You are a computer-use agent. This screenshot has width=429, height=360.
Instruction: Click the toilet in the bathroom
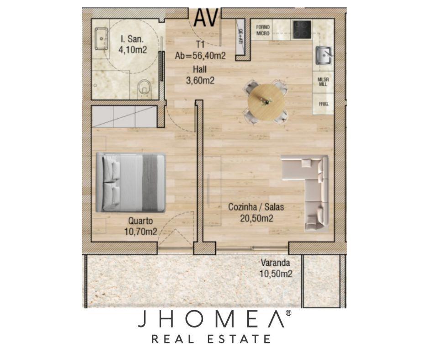pyautogui.click(x=145, y=88)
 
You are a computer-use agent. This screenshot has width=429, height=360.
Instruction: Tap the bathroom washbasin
pyautogui.click(x=101, y=39)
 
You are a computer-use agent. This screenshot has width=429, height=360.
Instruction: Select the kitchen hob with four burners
pyautogui.click(x=302, y=29)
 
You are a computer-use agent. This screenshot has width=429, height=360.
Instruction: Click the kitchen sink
pyautogui.click(x=324, y=55)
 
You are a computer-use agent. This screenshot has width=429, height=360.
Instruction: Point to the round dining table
pyautogui.click(x=266, y=102)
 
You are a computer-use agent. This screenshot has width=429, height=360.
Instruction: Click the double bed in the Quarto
pyautogui.click(x=131, y=182)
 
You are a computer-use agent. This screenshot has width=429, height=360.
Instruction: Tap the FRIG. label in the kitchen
pyautogui.click(x=324, y=104)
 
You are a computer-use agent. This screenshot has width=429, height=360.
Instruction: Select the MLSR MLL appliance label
pyautogui.click(x=323, y=82)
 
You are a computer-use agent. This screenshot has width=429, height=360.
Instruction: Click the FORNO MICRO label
pyautogui.click(x=263, y=30)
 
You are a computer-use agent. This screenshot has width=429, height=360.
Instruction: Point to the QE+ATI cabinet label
pyautogui.click(x=241, y=37)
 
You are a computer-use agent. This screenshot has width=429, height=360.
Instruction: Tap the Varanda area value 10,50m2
pyautogui.click(x=276, y=274)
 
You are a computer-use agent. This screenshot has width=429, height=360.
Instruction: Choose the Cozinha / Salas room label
pyautogui.click(x=256, y=207)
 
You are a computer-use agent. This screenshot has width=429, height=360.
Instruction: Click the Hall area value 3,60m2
pyautogui.click(x=200, y=80)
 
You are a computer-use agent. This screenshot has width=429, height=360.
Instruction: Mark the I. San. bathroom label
pyautogui.click(x=132, y=39)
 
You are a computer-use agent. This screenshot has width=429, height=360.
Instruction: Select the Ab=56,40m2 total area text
pyautogui.click(x=200, y=56)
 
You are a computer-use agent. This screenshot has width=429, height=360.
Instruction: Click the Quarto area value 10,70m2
pyautogui.click(x=141, y=232)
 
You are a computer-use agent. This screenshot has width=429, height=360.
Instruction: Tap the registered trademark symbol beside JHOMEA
pyautogui.click(x=288, y=313)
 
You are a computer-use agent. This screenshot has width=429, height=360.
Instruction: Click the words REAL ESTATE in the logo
pyautogui.click(x=211, y=339)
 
